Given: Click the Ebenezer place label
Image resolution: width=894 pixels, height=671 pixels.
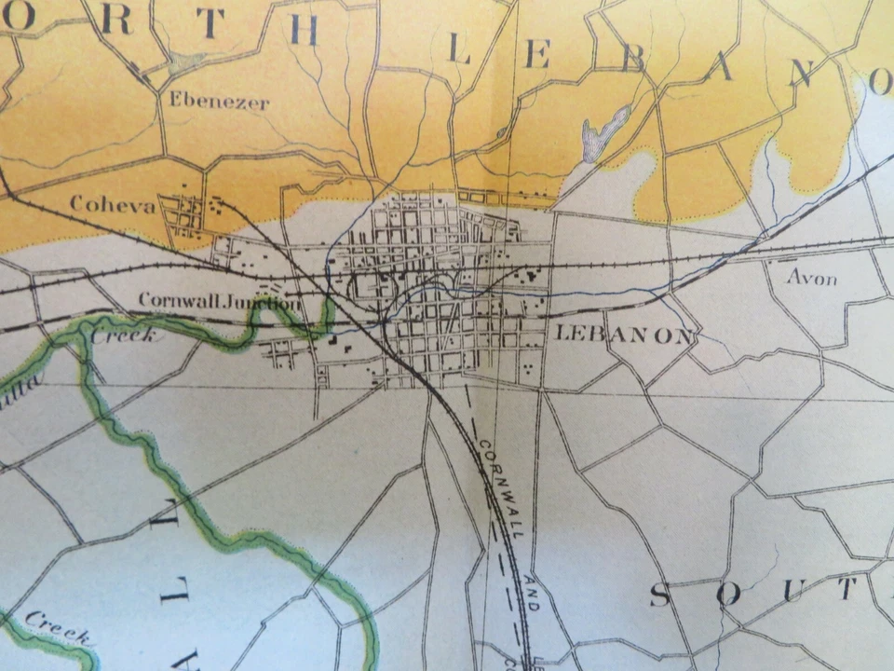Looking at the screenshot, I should tap(219, 101).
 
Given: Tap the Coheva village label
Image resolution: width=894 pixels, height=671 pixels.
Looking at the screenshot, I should tap(112, 204).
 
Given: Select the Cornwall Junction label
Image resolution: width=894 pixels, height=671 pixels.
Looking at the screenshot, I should tap(220, 302).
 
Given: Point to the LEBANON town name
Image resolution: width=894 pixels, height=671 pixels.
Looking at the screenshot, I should tap(624, 335).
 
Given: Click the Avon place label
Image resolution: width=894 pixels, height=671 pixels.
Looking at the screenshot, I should tap(812, 277).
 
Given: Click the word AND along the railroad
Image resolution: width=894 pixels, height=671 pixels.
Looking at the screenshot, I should tap(532, 594).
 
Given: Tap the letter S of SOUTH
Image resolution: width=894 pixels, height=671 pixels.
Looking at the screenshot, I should tap(659, 594).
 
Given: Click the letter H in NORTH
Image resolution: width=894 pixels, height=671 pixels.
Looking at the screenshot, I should tap(304, 30).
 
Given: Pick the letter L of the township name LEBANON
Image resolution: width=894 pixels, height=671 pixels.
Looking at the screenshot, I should tap(457, 51).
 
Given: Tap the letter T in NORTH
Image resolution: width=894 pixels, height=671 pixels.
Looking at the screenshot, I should tap(210, 23).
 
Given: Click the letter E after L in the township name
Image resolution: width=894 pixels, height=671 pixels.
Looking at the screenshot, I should tap(537, 57).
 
